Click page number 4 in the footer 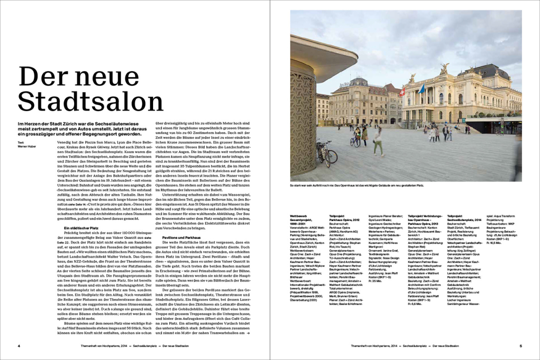tap(19, 345)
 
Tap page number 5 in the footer tap(520, 345)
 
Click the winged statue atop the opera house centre tap(443, 69)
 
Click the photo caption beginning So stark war tap(357, 185)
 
